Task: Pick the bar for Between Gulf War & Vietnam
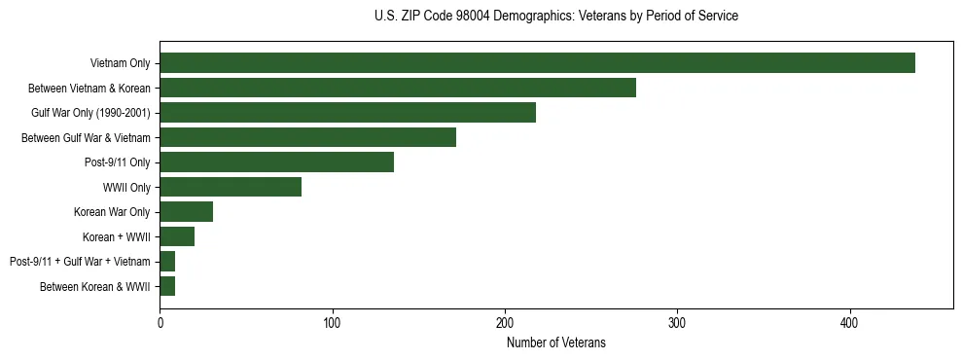pos(307,137)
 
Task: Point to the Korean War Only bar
pos(186,212)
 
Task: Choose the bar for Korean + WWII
pos(177,236)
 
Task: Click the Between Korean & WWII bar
pos(167,286)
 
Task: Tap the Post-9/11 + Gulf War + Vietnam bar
pos(167,262)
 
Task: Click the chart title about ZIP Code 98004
pos(555,17)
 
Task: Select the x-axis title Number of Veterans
pos(555,342)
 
